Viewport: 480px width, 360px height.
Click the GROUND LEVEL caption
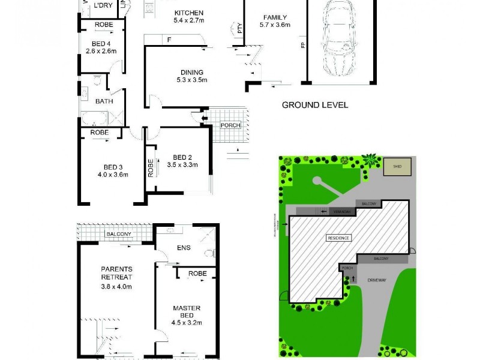click(315, 105)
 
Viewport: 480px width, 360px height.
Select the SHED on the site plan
click(398, 167)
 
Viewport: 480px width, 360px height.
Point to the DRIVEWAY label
click(377, 278)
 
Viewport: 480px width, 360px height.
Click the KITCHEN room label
click(189, 13)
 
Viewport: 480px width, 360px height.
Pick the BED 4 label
click(101, 43)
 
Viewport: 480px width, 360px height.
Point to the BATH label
click(104, 101)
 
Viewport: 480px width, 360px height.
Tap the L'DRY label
click(103, 5)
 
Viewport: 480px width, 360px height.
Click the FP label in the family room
click(302, 45)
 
